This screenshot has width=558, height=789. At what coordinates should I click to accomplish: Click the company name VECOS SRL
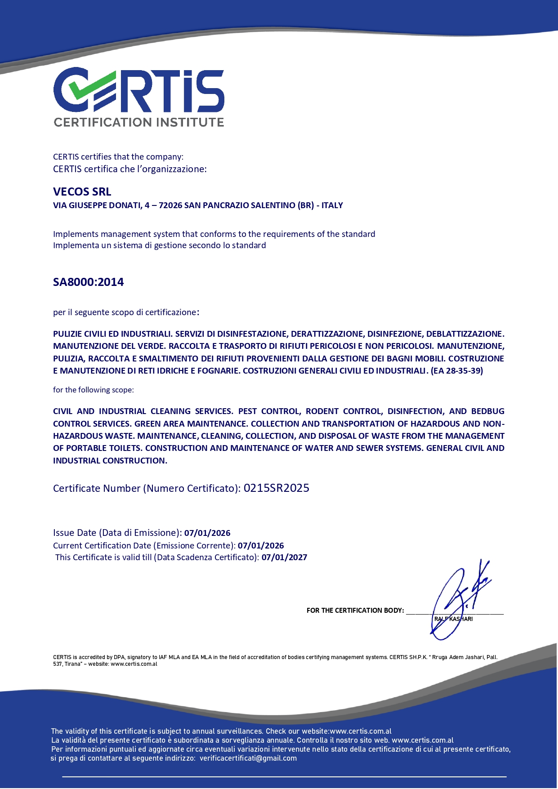point(82,192)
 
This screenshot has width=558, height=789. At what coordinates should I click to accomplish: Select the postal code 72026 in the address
point(170,205)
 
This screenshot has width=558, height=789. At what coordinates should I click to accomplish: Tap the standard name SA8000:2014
point(89,282)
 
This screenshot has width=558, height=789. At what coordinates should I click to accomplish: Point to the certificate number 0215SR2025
point(276,488)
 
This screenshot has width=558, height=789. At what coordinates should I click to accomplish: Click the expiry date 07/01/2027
point(284,557)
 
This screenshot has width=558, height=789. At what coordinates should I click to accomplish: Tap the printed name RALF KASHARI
point(453,619)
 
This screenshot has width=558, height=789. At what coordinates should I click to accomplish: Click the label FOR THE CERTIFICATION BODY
point(355,611)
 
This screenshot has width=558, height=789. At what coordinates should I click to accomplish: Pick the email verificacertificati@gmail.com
point(248,758)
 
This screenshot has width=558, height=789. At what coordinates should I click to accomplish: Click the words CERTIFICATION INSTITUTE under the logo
point(138,122)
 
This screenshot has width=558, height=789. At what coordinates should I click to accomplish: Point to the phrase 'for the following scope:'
point(94,390)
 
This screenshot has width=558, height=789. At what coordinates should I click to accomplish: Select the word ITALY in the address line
point(332,205)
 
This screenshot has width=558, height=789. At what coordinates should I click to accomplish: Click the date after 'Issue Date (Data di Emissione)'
point(207,533)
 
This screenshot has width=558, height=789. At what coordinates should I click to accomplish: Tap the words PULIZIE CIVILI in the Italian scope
point(85,334)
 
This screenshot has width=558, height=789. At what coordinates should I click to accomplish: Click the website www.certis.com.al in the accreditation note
point(134,664)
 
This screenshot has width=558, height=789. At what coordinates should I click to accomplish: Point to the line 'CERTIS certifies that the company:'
point(118,157)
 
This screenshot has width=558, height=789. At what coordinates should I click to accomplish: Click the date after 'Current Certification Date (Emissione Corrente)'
point(261,546)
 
